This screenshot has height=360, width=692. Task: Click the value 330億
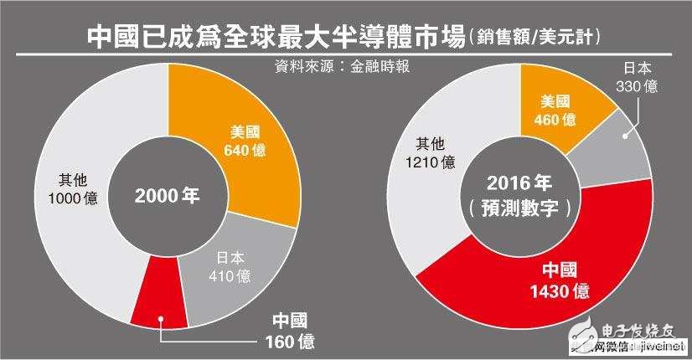[x=634, y=85]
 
